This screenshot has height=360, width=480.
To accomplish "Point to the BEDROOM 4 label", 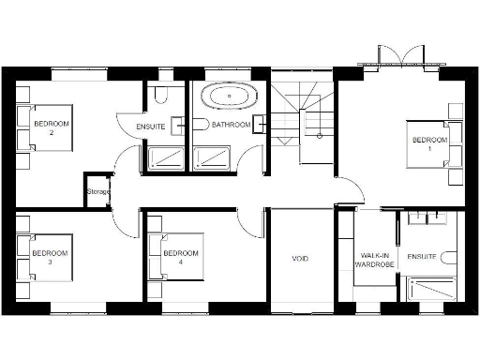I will tap(181, 257).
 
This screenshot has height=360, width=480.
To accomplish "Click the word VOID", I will tap(300, 259).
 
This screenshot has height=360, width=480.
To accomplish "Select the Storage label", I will tap(97, 192).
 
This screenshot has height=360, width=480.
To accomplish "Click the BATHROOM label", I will tap(230, 125).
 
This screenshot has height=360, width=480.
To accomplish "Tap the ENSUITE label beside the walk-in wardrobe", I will tap(420, 255).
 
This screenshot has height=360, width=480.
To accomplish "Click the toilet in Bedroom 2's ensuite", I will tap(161, 94).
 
